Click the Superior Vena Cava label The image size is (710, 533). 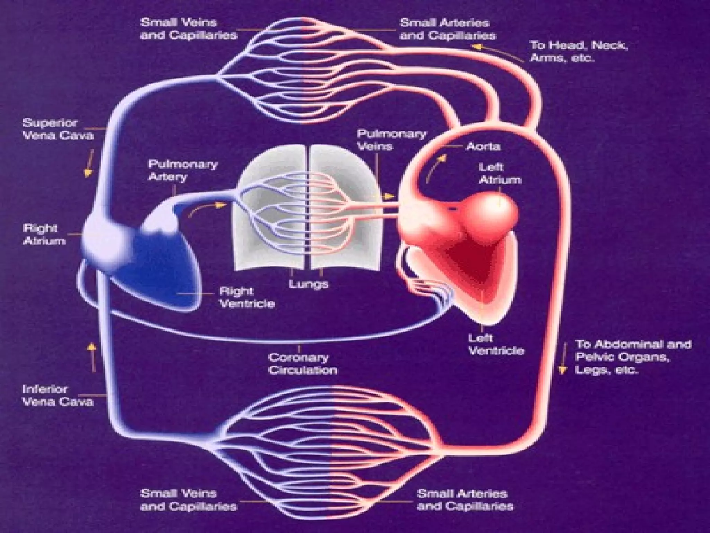[x=58, y=129]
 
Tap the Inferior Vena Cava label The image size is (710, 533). [x=58, y=395]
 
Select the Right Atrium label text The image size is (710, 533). [x=44, y=235]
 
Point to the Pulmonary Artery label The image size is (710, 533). [x=183, y=170]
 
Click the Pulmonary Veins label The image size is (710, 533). [x=391, y=140]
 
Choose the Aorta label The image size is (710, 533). [x=483, y=146]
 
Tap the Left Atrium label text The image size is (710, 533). [x=500, y=174]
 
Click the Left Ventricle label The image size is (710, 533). [x=496, y=344]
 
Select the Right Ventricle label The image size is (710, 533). [x=247, y=297]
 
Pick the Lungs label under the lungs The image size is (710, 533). [x=309, y=284]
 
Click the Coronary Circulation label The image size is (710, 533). [x=303, y=364]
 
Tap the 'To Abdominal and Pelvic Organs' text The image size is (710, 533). [x=633, y=350]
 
